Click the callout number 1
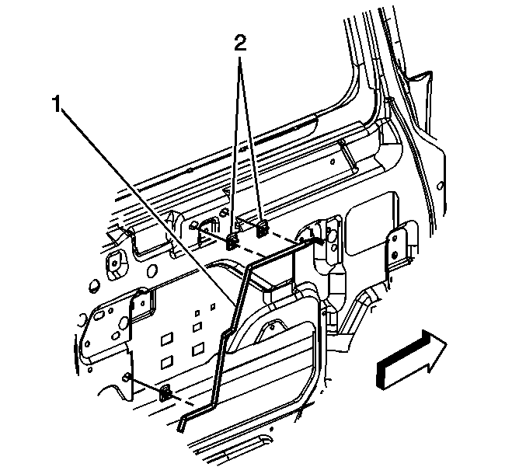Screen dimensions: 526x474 (x=57, y=104)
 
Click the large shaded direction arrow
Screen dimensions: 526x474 (x=412, y=360)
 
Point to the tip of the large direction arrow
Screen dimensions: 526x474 (x=447, y=343)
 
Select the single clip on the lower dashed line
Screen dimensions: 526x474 (x=165, y=394)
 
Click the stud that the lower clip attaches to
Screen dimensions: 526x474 (x=127, y=377)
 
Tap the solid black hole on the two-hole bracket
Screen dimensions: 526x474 (x=395, y=253)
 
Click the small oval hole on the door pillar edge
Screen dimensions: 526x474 (x=441, y=186)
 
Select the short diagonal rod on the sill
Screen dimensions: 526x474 (x=348, y=155)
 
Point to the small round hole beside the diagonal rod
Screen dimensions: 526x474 (x=332, y=162)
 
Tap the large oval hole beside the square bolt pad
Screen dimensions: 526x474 (x=152, y=270)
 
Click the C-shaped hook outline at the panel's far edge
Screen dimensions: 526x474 (x=81, y=321)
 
